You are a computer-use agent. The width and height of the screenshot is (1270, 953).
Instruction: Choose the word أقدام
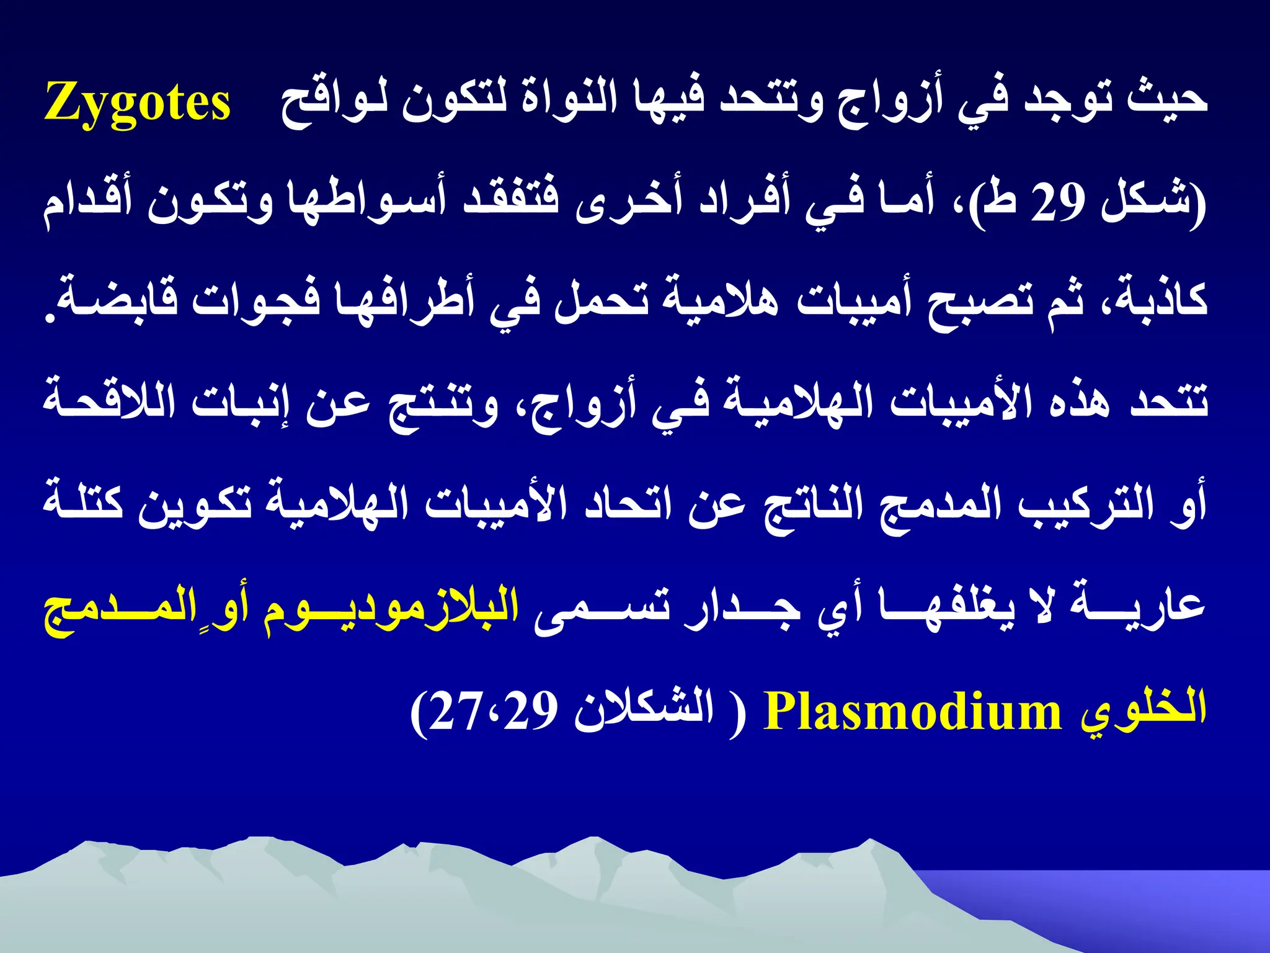(86, 202)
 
